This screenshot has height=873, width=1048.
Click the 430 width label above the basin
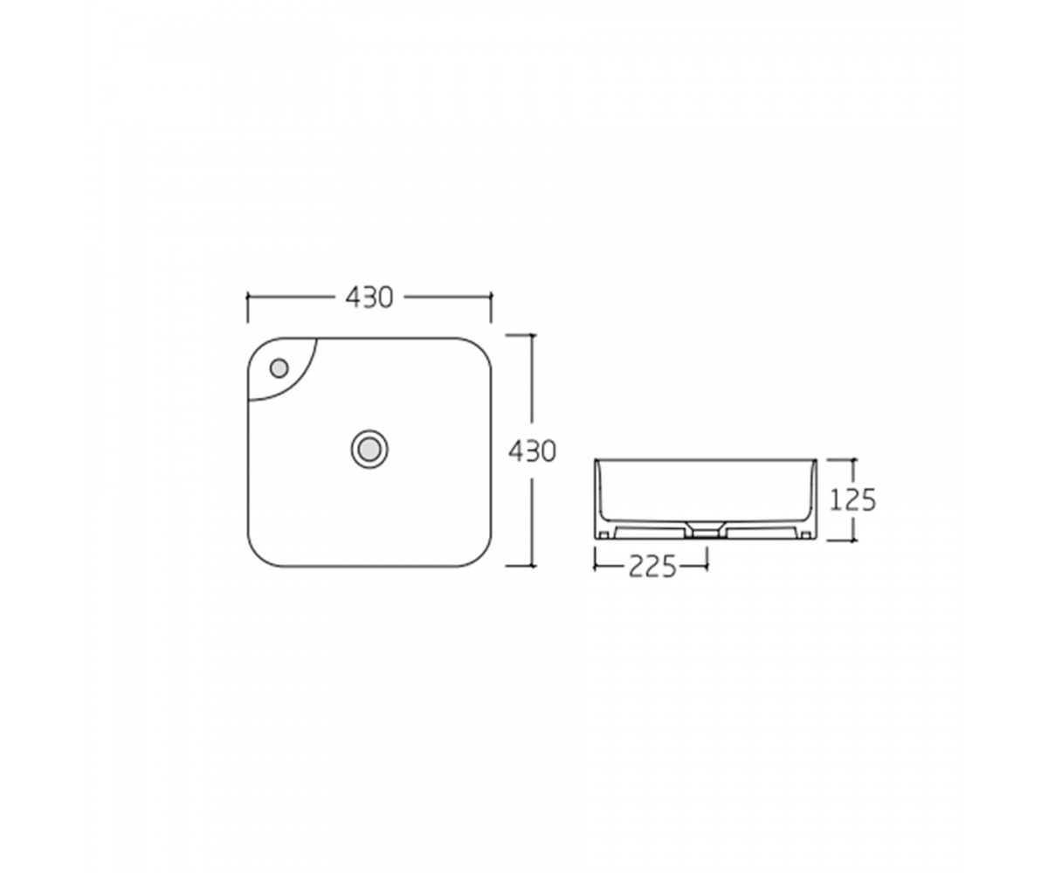tap(369, 298)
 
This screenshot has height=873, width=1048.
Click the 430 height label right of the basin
tap(532, 451)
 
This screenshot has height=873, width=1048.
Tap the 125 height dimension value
tap(852, 500)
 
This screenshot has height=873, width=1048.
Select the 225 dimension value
tap(652, 567)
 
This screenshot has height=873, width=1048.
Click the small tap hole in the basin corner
tap(279, 368)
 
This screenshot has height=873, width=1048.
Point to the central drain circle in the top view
tap(369, 449)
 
